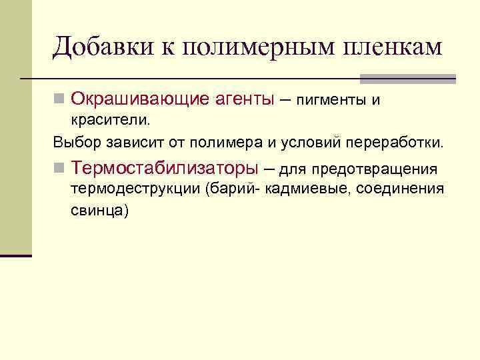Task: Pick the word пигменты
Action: [x=331, y=101]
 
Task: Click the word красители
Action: [x=111, y=121]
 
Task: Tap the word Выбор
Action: [x=74, y=143]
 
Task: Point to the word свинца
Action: [x=99, y=210]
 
